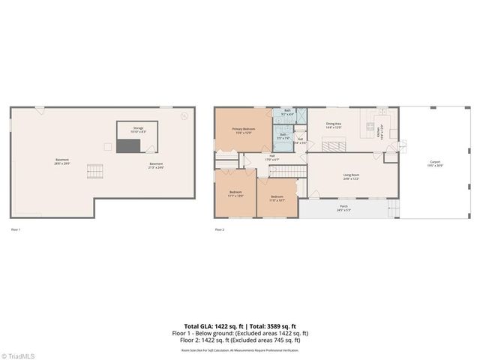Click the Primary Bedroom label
(241, 130)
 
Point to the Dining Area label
(334, 125)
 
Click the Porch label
(343, 208)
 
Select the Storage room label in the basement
(138, 130)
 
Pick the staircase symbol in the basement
(94, 172)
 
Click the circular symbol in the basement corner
(185, 115)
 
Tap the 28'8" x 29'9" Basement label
(63, 161)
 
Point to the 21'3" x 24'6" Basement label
(156, 165)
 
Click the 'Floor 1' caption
(15, 229)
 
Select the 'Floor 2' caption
(220, 229)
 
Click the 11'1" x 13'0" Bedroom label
(235, 193)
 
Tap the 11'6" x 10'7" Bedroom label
(276, 198)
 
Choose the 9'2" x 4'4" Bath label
(287, 112)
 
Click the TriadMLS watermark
(18, 355)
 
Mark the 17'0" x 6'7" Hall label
(271, 158)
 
